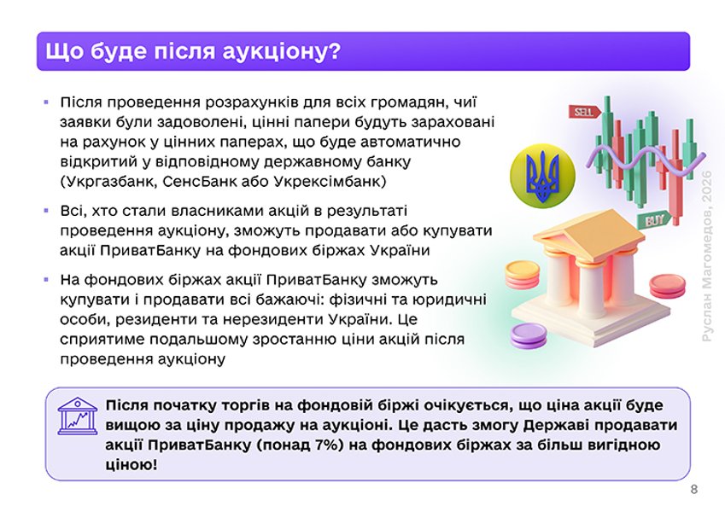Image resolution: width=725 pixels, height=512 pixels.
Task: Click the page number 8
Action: (693, 489)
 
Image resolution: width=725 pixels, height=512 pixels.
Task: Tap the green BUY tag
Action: (655, 219)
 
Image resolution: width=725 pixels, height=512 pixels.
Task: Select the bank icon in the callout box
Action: (78, 416)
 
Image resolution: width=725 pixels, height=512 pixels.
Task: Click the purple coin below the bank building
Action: (527, 336)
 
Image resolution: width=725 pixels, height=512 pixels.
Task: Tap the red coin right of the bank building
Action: (667, 284)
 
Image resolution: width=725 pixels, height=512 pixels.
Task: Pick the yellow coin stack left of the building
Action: (522, 275)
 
